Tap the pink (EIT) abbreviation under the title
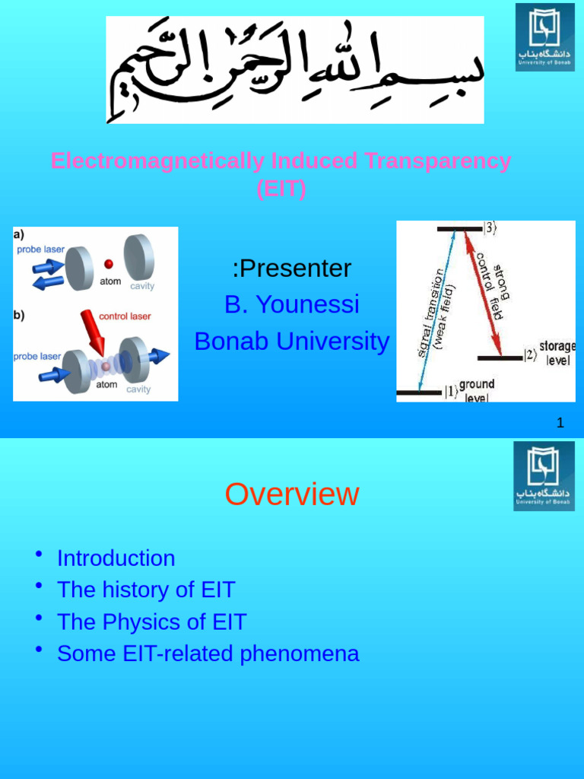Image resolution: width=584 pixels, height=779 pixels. pos(281,189)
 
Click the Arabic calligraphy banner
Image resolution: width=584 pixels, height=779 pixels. pos(295,70)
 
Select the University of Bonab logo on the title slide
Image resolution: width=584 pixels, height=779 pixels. pos(544,37)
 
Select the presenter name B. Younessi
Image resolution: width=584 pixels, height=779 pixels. pos(292,305)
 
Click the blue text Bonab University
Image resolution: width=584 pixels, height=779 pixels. pos(292,342)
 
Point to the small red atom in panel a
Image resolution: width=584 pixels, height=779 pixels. pos(109,263)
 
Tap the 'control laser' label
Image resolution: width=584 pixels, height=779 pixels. pos(125,316)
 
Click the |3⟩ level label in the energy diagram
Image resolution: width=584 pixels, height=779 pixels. pos(490,227)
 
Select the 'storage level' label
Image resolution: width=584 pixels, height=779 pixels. pos(557,353)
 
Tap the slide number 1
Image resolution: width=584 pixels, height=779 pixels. pos(560,423)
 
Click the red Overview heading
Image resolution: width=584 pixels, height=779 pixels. pos(292,494)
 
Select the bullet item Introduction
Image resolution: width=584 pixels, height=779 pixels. pos(116,558)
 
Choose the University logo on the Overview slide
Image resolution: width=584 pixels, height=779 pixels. pos(544,477)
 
